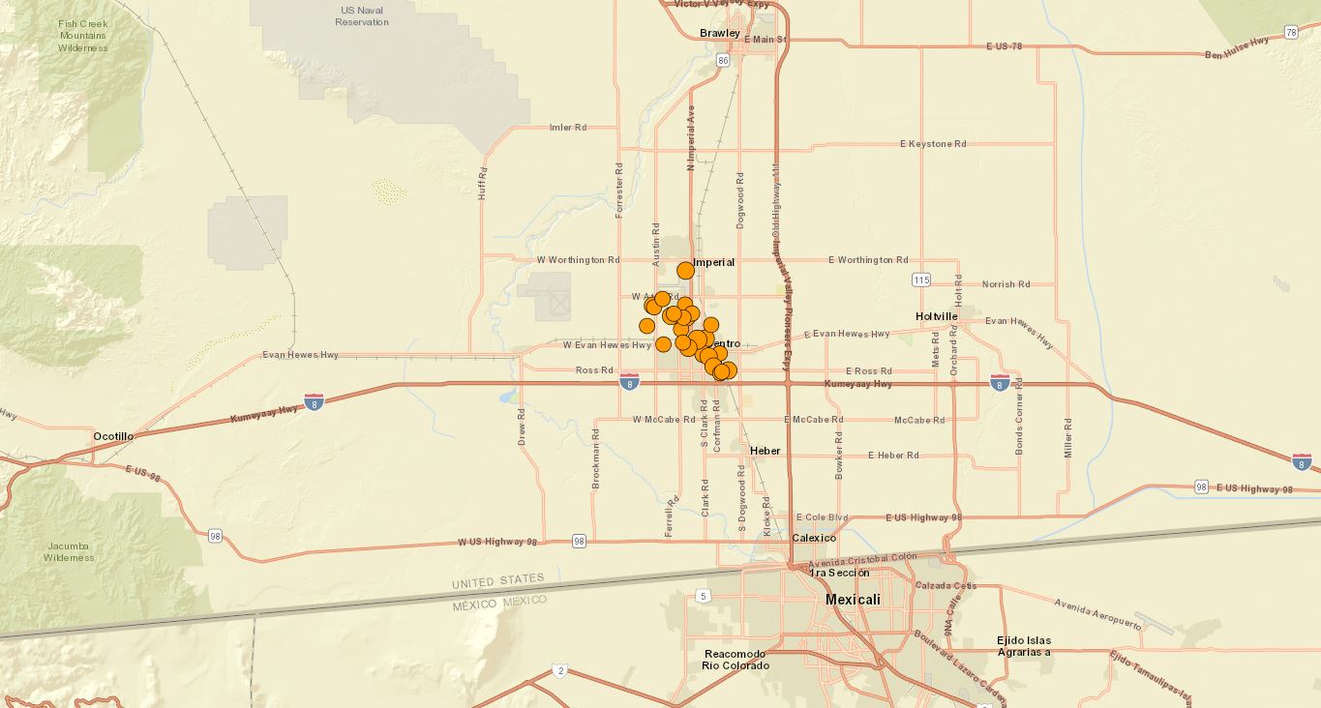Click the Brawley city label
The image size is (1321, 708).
[719, 33]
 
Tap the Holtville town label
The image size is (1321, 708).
[936, 316]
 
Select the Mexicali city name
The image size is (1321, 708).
[853, 600]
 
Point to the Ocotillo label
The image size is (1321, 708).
[113, 436]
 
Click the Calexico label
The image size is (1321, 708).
[814, 538]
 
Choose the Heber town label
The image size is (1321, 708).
[765, 451]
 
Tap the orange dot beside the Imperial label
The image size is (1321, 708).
[685, 270]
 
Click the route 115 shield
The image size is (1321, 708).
[920, 280]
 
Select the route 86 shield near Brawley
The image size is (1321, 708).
[723, 60]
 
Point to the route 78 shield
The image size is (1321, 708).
[1291, 33]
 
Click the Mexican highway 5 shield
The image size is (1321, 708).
[703, 596]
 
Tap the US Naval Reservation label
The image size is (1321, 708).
[362, 15]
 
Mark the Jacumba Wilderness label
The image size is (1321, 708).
[69, 551]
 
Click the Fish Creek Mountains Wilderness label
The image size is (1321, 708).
[82, 36]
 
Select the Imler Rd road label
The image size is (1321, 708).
[568, 127]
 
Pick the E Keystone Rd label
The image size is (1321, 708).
[933, 144]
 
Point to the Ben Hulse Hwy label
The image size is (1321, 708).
[1237, 48]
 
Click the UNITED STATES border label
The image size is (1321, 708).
[497, 581]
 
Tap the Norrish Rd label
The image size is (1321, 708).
[1006, 284]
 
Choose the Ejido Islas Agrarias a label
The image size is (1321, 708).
[1024, 646]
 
